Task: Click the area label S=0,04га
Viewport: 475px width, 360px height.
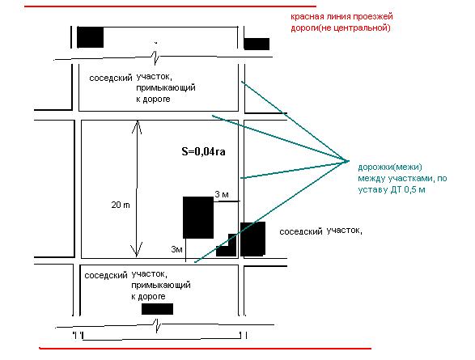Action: point(203,151)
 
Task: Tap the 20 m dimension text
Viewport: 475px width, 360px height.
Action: point(121,205)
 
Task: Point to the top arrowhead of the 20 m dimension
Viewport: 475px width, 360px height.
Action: point(137,126)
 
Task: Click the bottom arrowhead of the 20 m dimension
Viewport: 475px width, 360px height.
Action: point(137,250)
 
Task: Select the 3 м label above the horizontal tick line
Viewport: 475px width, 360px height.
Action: point(222,194)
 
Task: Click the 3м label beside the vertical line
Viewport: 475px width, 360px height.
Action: point(176,249)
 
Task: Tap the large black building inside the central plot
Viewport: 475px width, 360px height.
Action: point(198,218)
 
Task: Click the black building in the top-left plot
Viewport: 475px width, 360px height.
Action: point(91,37)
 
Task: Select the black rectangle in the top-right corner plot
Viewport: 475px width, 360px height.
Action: point(257,44)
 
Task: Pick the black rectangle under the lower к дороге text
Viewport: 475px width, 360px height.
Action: point(157,309)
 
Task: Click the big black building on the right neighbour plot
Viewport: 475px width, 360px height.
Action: point(252,239)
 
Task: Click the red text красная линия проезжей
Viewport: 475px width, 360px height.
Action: point(341,16)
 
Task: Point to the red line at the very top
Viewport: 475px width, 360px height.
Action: point(170,6)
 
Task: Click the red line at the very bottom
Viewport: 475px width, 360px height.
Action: point(205,349)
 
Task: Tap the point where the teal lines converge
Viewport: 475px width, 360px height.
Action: point(349,161)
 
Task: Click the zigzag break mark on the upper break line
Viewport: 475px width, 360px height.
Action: point(156,57)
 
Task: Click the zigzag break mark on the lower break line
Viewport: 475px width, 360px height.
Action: point(157,325)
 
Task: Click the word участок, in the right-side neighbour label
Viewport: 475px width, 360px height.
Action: point(345,231)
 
